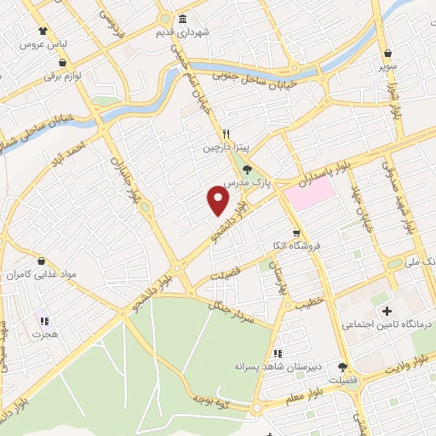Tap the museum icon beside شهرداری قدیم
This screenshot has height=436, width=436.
point(182,20)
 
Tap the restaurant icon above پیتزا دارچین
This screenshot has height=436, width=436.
point(227,133)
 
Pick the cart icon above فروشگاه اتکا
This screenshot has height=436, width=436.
point(295,232)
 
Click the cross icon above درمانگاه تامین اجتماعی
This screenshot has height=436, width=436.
point(387,311)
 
